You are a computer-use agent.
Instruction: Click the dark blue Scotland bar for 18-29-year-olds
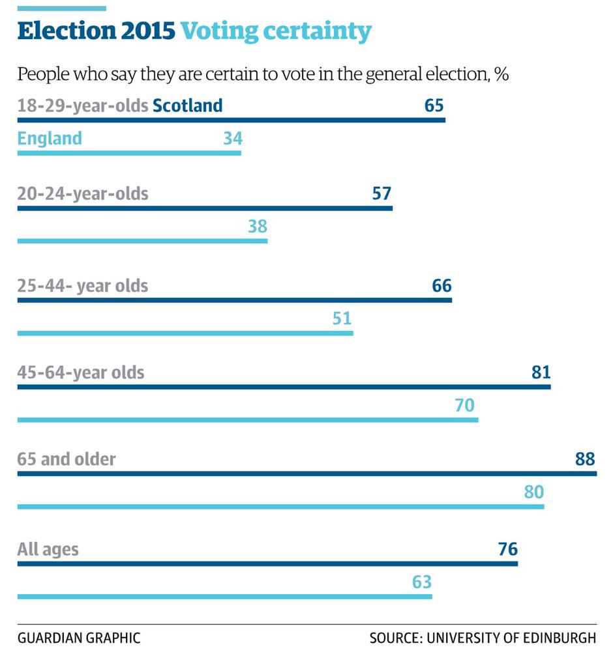coord(231,120)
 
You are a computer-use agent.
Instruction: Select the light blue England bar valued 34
coord(129,153)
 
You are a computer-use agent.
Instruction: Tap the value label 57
coord(381,193)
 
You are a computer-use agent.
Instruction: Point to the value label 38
coord(258,227)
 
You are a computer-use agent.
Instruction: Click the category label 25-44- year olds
coord(83,286)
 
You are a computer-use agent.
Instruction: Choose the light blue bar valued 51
coord(185,333)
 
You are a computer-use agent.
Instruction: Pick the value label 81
coord(541,373)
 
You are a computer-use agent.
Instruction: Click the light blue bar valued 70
coord(248,419)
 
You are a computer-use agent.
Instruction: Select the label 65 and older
coord(67,459)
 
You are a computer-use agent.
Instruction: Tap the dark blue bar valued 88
coord(306,474)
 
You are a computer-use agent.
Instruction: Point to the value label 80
coord(533,492)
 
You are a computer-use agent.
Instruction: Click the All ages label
coord(48,549)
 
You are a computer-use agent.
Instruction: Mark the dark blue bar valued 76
coord(267,563)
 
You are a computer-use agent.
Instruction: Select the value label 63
coord(422,582)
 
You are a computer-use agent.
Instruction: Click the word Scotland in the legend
coord(187,106)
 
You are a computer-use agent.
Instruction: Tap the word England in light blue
coord(50,138)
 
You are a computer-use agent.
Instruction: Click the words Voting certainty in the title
coord(276,31)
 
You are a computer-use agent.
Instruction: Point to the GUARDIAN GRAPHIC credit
coord(79,638)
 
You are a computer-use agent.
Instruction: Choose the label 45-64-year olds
coord(81,373)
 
